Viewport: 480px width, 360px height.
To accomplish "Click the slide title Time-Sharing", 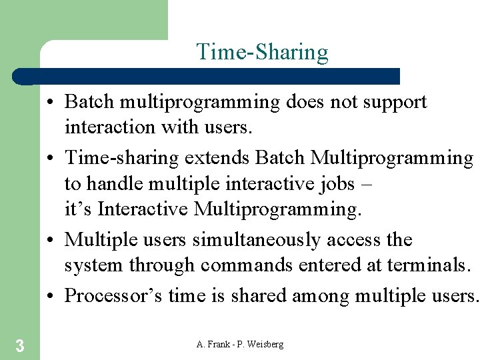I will tap(262, 52).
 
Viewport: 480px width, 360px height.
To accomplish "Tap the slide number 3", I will tap(20, 345).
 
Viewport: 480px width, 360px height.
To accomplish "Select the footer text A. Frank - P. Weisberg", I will tap(240, 344).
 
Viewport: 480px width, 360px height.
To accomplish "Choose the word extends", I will tap(217, 159).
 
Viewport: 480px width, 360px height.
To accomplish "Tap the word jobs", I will tap(337, 183).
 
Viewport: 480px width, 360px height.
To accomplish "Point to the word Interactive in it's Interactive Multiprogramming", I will tap(143, 209).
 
